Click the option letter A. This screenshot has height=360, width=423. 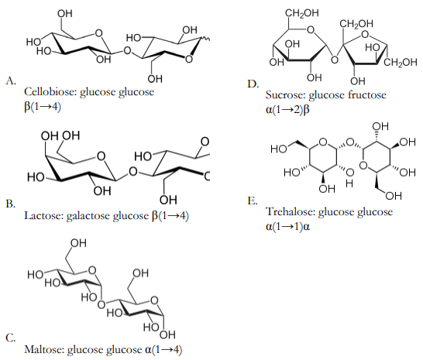tap(11, 81)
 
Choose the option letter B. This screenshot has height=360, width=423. tap(11, 204)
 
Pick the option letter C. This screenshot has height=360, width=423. tap(11, 338)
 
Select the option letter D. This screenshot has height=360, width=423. tap(253, 84)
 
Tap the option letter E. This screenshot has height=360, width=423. tap(253, 201)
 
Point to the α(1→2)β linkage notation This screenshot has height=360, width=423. tap(287, 110)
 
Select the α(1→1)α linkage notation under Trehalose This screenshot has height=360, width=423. tap(287, 227)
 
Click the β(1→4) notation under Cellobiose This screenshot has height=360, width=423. tap(43, 107)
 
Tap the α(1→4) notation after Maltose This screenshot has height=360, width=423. tap(163, 349)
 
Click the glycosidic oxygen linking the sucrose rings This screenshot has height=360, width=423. tap(335, 60)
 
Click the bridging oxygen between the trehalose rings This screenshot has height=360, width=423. tap(350, 142)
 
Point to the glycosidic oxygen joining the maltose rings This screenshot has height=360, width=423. tap(101, 305)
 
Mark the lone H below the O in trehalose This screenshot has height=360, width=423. tap(349, 184)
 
